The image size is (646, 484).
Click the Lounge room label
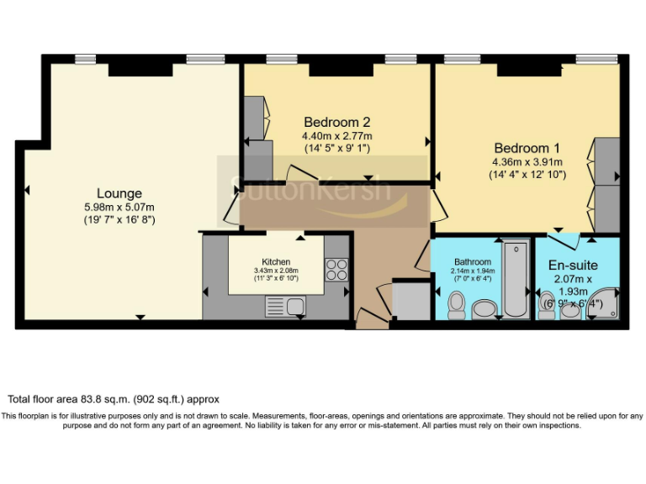pyautogui.click(x=119, y=193)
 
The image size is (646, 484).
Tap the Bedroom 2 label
pyautogui.click(x=337, y=121)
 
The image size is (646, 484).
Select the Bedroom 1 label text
pyautogui.click(x=527, y=146)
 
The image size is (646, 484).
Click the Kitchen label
pyautogui.click(x=276, y=261)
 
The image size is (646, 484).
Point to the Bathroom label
pyautogui.click(x=473, y=261)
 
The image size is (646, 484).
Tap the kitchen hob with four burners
pyautogui.click(x=336, y=269)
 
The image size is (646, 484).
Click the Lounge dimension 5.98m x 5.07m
pyautogui.click(x=119, y=207)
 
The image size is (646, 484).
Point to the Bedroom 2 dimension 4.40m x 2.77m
pyautogui.click(x=337, y=135)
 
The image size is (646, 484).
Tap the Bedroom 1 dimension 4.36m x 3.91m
pyautogui.click(x=527, y=161)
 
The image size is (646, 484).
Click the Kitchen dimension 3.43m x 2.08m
pyautogui.click(x=276, y=271)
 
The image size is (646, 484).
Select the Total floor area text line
pyautogui.click(x=114, y=400)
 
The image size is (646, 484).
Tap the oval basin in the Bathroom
pyautogui.click(x=485, y=310)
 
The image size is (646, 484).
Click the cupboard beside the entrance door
pyautogui.click(x=410, y=300)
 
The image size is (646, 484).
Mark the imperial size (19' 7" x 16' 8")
pyautogui.click(x=119, y=220)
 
